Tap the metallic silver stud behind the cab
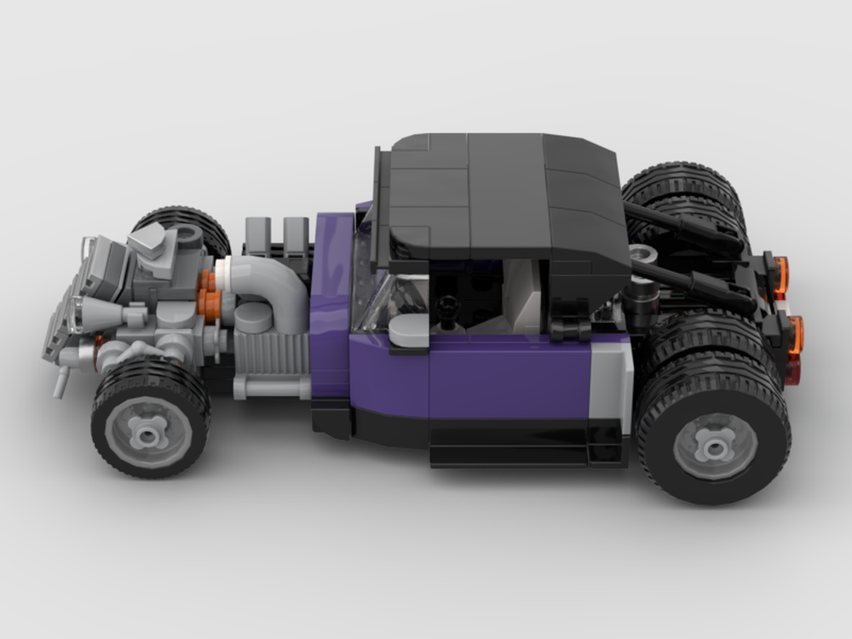click(x=642, y=254)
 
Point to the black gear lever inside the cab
click(x=446, y=312)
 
